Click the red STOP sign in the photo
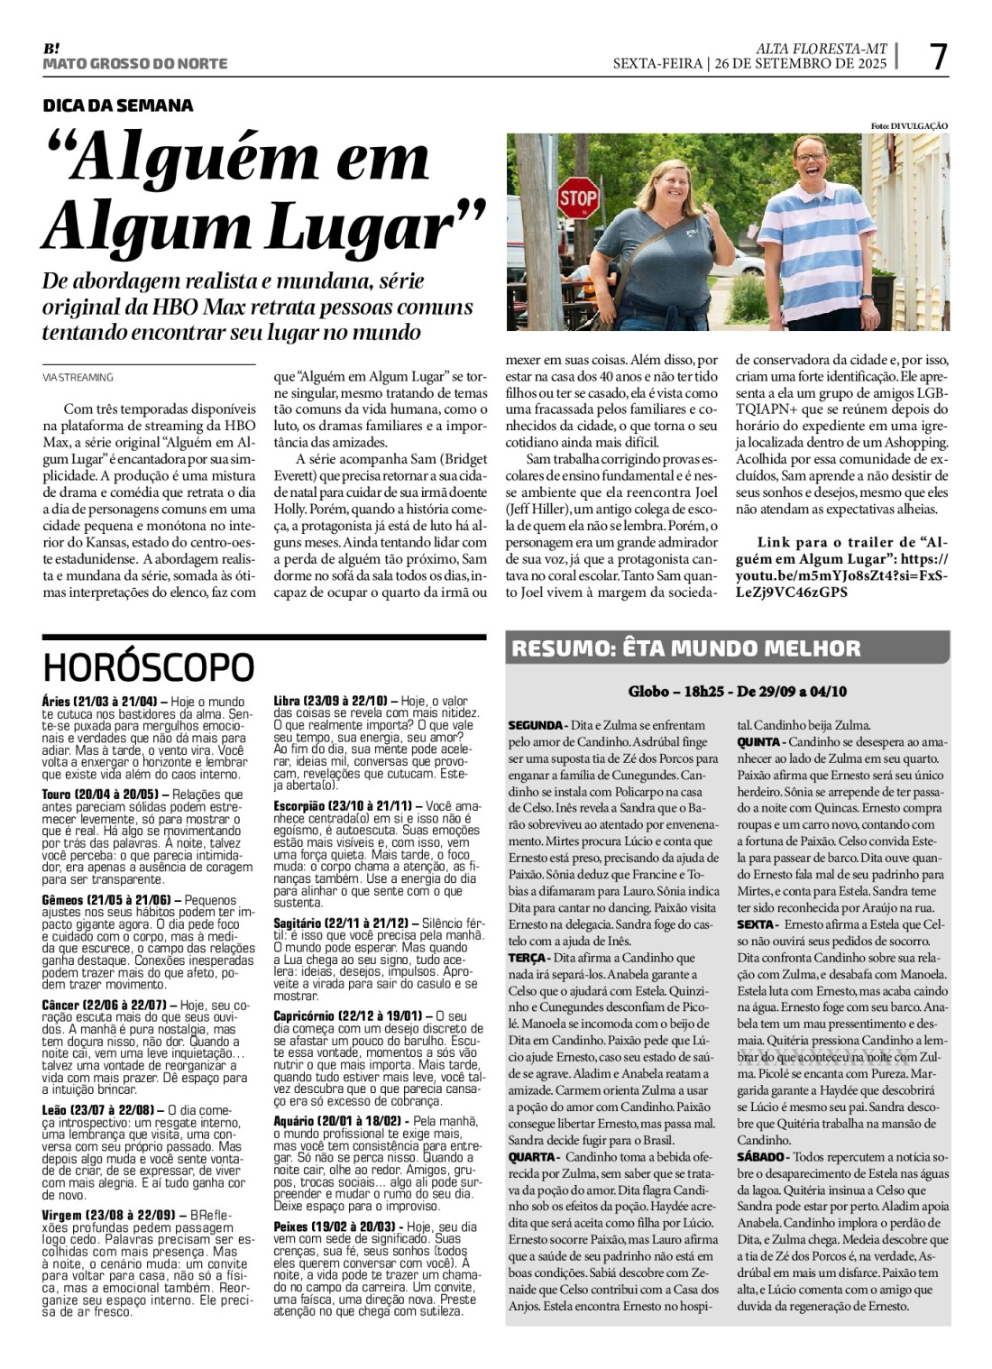click(577, 197)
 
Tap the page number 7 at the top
click(939, 58)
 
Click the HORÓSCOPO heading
click(149, 668)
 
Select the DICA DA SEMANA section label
click(118, 106)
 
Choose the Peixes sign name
click(292, 1227)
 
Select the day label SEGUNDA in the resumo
click(536, 725)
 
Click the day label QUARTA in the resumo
click(532, 1157)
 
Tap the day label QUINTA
click(759, 741)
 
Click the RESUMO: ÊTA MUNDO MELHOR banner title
click(686, 648)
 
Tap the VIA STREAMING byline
click(78, 378)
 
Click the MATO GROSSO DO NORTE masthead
click(135, 64)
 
